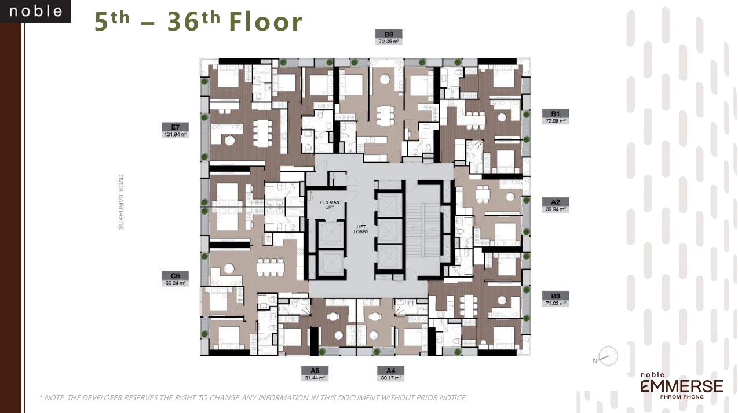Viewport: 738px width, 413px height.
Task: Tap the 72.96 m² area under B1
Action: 555,121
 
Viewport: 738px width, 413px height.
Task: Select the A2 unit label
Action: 555,202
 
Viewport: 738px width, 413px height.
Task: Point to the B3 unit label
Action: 555,295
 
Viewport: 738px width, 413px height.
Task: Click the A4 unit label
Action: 390,370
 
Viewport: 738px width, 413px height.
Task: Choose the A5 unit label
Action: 315,370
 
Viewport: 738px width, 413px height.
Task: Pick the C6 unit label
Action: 175,276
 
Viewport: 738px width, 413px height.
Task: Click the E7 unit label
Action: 175,127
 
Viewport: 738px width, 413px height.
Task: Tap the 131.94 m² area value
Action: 175,135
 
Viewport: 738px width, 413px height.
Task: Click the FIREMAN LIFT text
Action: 330,205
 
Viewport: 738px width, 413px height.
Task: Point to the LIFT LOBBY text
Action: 361,229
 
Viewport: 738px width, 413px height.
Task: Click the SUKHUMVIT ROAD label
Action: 122,202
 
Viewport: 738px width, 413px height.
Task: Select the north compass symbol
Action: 607,356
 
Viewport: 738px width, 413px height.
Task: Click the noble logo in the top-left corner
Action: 35,11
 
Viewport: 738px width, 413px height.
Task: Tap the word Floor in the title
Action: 266,22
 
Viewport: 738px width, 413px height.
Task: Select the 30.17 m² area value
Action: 390,378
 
